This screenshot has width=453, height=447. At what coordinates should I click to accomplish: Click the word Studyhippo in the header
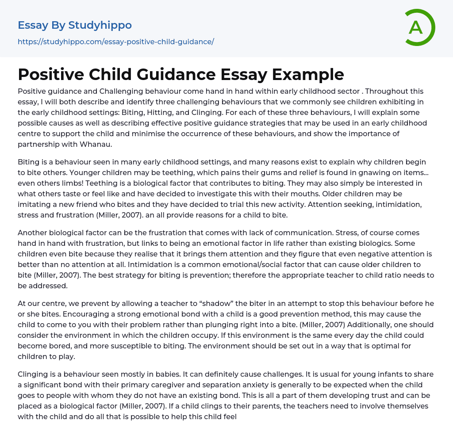[x=100, y=25]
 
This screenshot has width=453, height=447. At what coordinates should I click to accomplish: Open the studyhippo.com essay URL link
[x=116, y=42]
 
